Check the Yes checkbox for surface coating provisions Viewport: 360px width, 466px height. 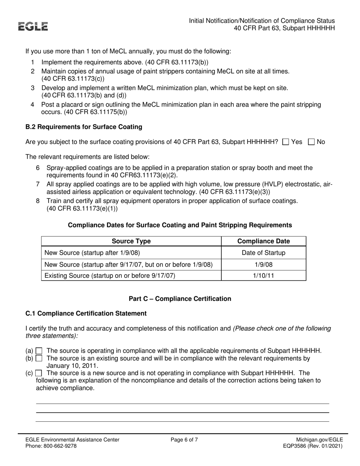pyautogui.click(x=286, y=142)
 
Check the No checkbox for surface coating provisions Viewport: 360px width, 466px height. pyautogui.click(x=311, y=142)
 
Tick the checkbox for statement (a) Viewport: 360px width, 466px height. pyautogui.click(x=39, y=351)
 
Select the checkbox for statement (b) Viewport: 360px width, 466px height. pyautogui.click(x=39, y=358)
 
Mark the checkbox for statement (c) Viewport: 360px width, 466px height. pyautogui.click(x=39, y=373)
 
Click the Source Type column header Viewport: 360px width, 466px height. pyautogui.click(x=131, y=241)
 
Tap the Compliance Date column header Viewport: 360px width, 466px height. pyautogui.click(x=263, y=241)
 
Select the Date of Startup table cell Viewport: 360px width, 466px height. pyautogui.click(x=263, y=253)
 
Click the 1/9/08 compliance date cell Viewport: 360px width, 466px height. pyautogui.click(x=263, y=264)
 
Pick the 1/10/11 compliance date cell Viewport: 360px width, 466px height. pyautogui.click(x=263, y=275)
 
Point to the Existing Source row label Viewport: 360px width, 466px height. pyautogui.click(x=110, y=275)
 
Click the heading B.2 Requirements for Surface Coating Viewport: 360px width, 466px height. pyautogui.click(x=84, y=127)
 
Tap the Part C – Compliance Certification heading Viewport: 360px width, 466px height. pyautogui.click(x=180, y=299)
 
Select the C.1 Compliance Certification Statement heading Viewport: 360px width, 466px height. pyautogui.click(x=86, y=313)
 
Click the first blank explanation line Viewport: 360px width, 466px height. pyautogui.click(x=182, y=403)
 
